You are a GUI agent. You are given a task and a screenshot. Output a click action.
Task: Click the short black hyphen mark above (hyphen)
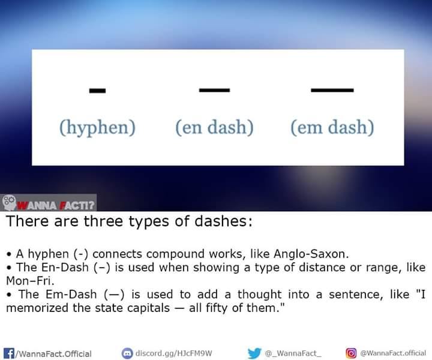(x=97, y=91)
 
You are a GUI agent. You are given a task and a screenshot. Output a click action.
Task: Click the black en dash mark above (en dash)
(x=214, y=90)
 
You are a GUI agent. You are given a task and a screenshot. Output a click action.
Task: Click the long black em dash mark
(x=332, y=90)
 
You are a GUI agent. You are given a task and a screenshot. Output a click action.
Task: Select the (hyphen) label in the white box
(x=98, y=128)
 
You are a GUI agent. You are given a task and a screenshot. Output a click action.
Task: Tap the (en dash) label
(x=214, y=127)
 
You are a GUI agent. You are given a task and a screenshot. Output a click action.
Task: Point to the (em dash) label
(x=332, y=127)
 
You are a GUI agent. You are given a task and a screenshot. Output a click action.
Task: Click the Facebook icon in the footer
(x=9, y=353)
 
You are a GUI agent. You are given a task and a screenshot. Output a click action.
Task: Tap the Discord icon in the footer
(x=127, y=353)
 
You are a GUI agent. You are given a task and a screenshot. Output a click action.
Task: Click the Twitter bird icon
(x=254, y=353)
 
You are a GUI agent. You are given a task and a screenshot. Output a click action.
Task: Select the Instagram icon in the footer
(x=351, y=353)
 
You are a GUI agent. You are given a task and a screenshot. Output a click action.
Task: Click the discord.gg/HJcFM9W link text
(x=173, y=353)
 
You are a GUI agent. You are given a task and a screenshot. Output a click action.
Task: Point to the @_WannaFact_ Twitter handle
(x=293, y=353)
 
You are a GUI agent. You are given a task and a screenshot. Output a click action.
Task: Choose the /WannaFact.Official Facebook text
(x=53, y=354)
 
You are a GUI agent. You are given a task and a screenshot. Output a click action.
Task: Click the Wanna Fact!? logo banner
(x=49, y=203)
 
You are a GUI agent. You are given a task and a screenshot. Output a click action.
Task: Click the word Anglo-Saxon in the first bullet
(x=311, y=254)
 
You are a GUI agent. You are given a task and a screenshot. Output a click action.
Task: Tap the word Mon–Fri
(x=30, y=281)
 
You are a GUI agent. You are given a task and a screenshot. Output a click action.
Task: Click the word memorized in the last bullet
(x=37, y=308)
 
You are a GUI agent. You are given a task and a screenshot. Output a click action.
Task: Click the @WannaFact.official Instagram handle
(x=393, y=353)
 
